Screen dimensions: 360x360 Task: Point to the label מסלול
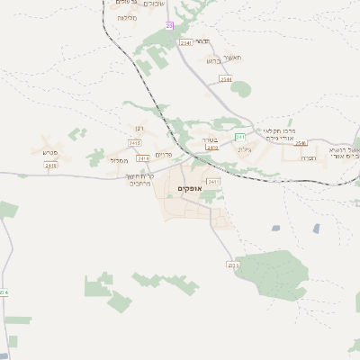tap(118, 160)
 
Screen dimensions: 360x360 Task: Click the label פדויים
tap(165, 155)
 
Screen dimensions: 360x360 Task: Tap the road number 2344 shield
tap(225, 79)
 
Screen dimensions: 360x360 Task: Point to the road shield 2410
tap(50, 166)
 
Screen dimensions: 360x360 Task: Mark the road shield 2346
tap(301, 143)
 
